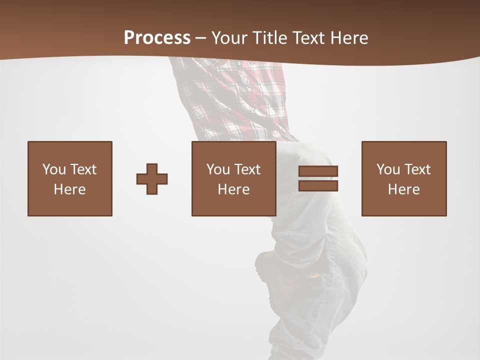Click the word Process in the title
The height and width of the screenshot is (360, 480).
tap(157, 38)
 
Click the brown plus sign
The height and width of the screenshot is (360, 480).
tap(152, 179)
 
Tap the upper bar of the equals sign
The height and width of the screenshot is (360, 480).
tap(318, 171)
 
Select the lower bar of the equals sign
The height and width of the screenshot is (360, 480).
tap(318, 186)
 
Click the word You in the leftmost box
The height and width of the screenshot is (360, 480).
tap(54, 169)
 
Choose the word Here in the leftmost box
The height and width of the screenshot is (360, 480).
tap(69, 189)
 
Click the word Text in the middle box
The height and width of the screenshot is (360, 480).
tap(247, 169)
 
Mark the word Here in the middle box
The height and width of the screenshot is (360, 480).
tap(233, 189)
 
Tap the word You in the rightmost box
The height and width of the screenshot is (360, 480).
tap(388, 169)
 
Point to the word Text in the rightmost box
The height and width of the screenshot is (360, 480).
tap(417, 169)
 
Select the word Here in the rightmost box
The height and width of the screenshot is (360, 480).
tap(403, 189)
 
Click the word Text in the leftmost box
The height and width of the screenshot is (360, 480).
tap(83, 169)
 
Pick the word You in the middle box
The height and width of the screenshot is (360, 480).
tap(218, 169)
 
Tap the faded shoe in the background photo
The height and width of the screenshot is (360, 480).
tap(272, 265)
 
